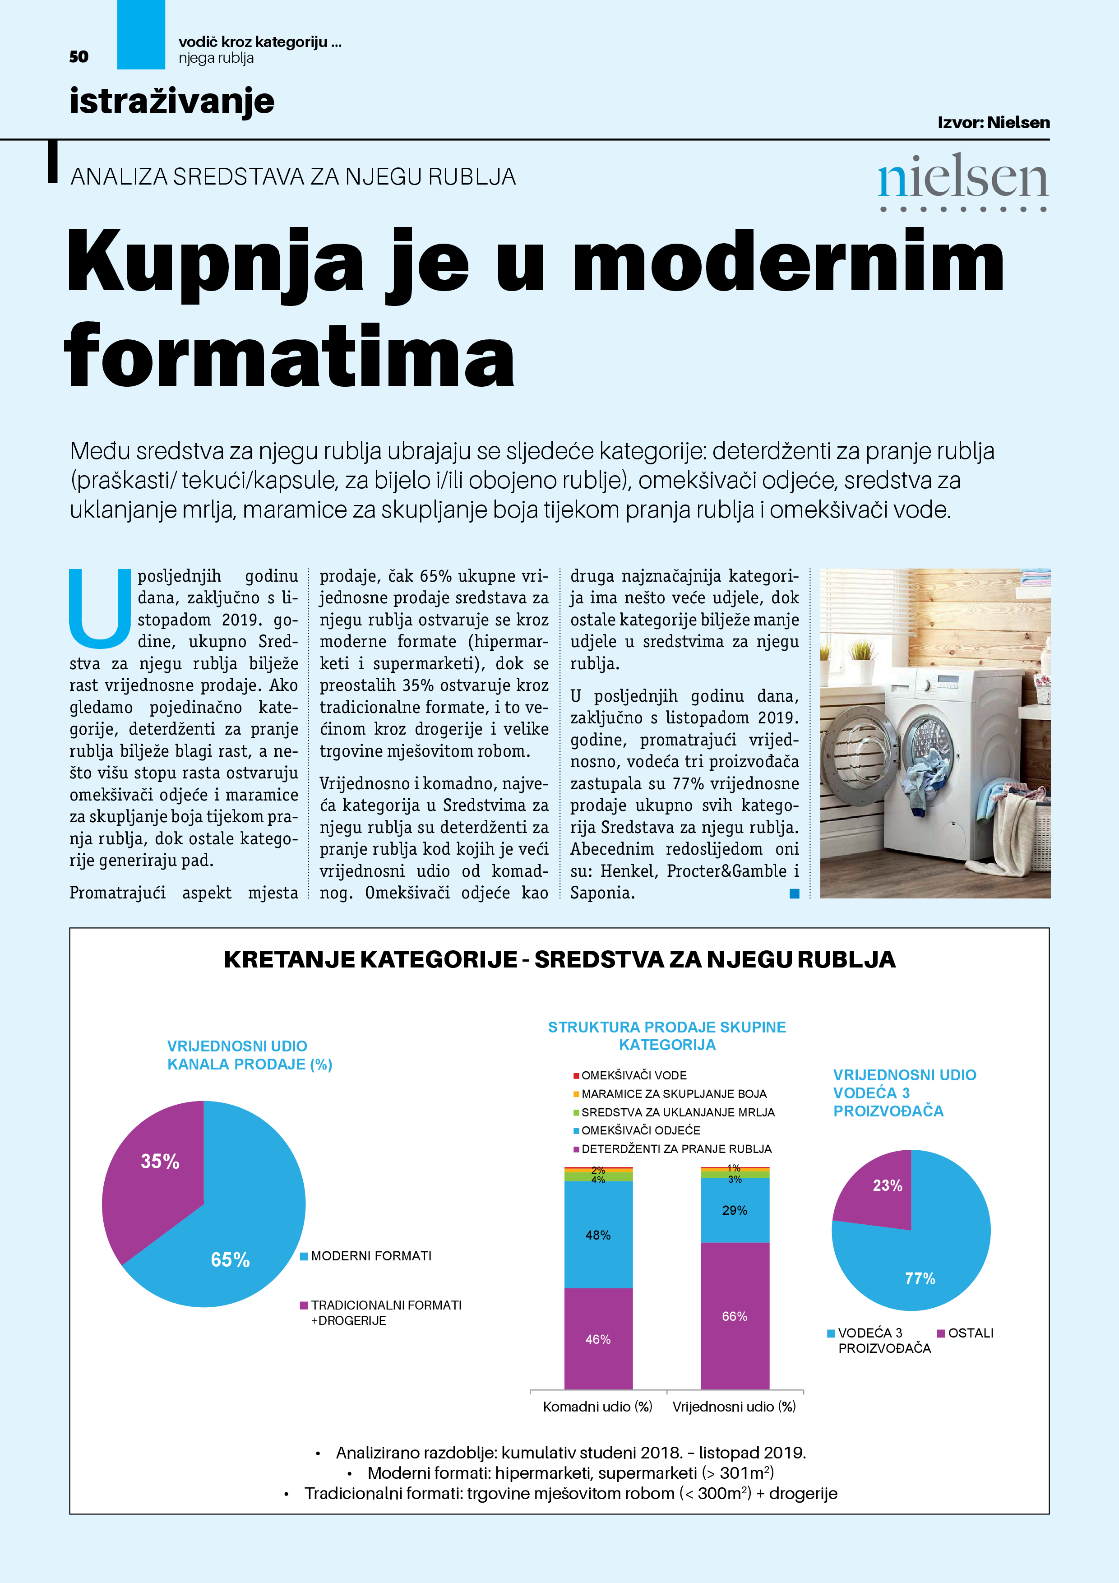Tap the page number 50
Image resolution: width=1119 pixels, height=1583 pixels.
tap(79, 56)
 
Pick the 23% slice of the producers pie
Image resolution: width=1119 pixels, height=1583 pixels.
tap(879, 1190)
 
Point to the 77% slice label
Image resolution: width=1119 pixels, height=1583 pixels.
tap(920, 1278)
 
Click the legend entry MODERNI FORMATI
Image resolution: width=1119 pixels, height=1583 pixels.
tap(370, 1256)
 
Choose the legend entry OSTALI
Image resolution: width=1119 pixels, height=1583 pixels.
tap(970, 1333)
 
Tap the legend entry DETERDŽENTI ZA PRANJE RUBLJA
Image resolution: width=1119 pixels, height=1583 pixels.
tap(675, 1148)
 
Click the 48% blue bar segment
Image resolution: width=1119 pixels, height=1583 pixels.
tap(598, 1234)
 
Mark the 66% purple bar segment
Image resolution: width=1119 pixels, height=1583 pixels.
tap(734, 1315)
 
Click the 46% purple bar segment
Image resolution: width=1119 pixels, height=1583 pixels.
tap(598, 1339)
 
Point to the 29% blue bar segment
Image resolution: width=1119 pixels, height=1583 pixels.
tap(734, 1210)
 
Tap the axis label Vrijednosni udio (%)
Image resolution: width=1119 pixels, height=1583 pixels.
tap(734, 1407)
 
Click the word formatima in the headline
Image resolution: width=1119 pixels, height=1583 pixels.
tap(290, 357)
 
